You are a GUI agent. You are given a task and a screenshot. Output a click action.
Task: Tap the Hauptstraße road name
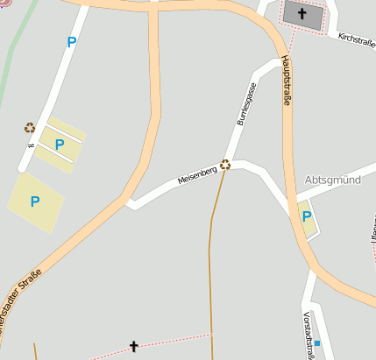[286, 81]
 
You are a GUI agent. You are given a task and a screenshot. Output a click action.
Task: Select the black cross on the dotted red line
[134, 347]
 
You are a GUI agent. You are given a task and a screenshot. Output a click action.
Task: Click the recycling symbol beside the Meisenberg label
[225, 164]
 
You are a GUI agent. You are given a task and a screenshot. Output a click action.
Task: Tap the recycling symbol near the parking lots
[29, 128]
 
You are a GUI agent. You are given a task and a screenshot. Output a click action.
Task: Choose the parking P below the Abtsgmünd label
[307, 216]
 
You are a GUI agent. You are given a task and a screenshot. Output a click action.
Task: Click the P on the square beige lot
[35, 201]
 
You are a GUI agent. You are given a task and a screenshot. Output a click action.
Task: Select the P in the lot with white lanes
[60, 145]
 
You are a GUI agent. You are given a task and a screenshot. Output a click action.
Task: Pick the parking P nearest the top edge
[71, 41]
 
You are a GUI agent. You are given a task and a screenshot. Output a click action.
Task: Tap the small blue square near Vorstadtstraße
[317, 343]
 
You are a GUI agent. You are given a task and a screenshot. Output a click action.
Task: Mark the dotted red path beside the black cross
[175, 339]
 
